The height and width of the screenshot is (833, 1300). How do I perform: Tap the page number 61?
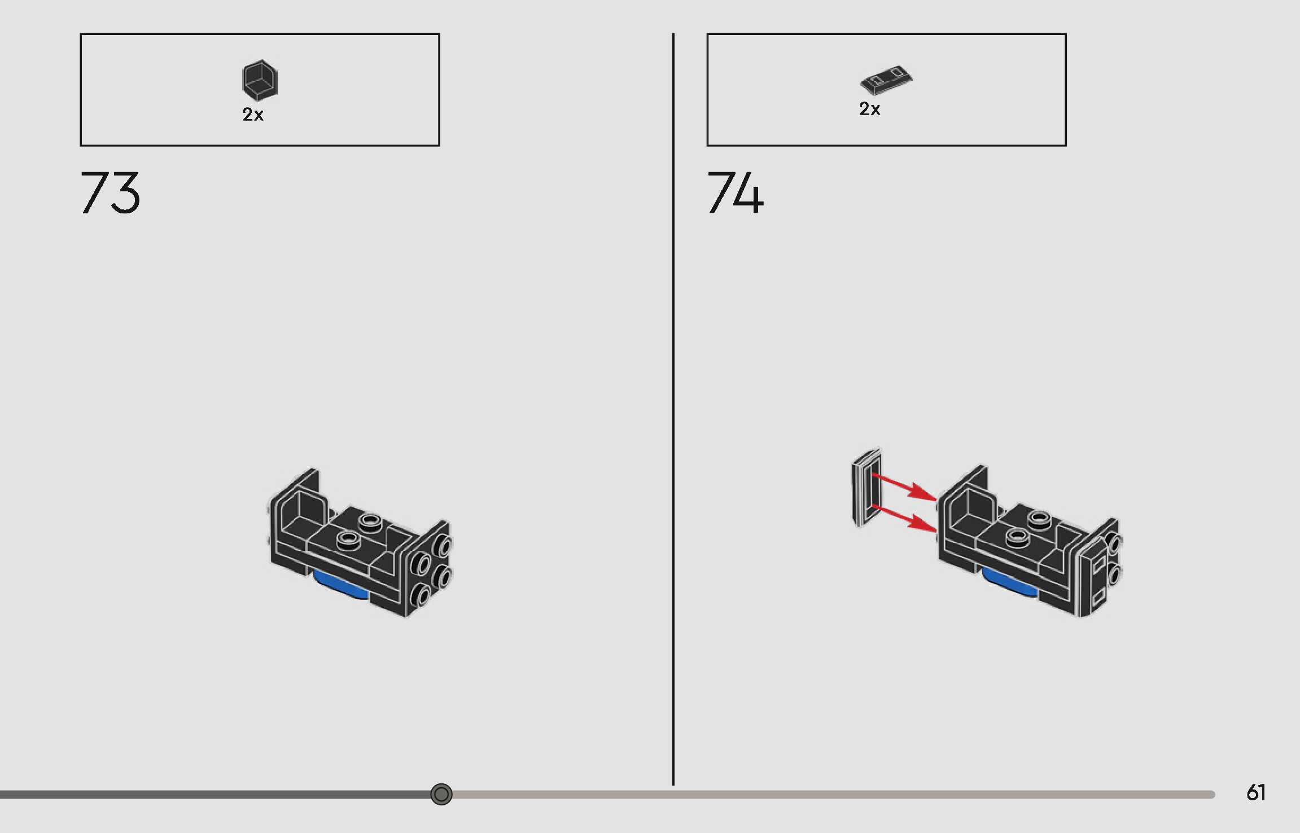point(1255,792)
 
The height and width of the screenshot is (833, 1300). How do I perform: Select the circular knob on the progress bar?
point(441,794)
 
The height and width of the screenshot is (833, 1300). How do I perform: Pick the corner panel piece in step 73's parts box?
point(260,80)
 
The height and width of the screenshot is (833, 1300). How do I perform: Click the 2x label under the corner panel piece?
point(253,115)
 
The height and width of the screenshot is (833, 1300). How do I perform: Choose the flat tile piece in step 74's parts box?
point(886,81)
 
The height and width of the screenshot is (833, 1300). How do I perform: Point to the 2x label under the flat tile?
point(869,109)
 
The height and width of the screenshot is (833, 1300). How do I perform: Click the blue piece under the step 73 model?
point(340,585)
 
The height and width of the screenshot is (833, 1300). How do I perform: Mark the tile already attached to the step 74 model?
point(1093,578)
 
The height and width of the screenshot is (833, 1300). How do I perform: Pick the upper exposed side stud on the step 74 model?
point(1114,543)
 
